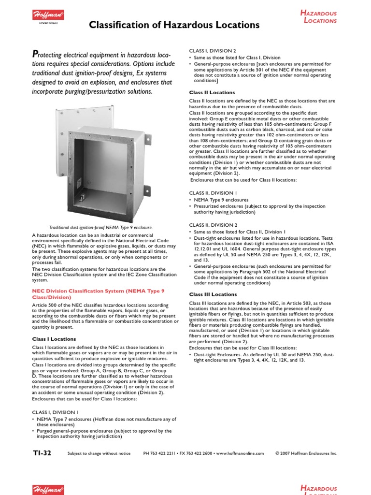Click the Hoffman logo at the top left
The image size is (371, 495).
point(48,16)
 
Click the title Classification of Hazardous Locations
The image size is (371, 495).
point(174,25)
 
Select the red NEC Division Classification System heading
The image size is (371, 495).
point(98,294)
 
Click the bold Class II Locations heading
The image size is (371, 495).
point(212,92)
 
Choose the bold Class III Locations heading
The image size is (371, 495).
point(213,294)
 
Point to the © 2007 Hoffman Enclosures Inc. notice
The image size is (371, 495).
point(306,453)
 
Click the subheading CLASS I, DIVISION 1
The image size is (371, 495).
point(55,412)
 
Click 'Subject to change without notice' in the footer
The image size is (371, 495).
point(99,453)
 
